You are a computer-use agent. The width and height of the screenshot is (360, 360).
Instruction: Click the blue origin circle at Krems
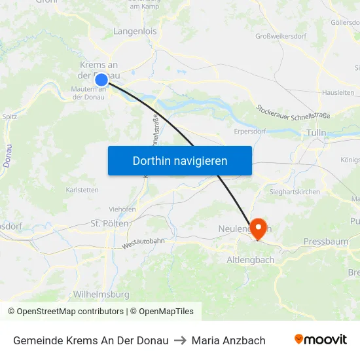[x=101, y=80]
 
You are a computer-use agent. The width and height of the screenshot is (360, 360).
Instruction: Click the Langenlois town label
[x=135, y=31]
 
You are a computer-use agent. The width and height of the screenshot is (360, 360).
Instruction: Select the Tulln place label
[x=316, y=133]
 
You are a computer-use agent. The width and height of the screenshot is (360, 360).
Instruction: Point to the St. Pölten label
[x=109, y=223]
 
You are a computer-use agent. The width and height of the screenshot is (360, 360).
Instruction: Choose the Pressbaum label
[x=326, y=242]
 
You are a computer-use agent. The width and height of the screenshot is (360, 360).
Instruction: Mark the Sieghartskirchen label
[x=295, y=192]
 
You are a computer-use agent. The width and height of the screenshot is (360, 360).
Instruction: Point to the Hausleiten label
[x=338, y=93]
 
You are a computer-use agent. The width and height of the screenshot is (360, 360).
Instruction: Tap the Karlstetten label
[x=82, y=190]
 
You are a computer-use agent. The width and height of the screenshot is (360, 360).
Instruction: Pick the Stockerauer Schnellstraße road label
[x=293, y=112]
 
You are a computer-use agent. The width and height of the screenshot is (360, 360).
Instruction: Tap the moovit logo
[x=320, y=339]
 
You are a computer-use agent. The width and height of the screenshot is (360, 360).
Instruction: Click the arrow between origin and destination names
[x=180, y=340]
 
